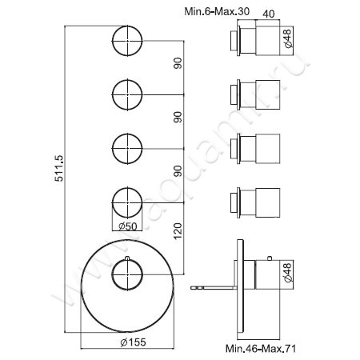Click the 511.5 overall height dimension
[x=54, y=186]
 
